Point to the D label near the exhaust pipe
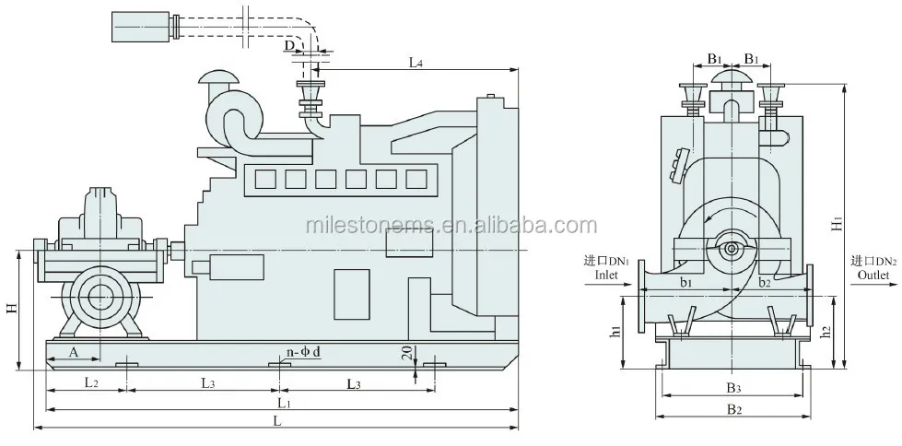click(289, 44)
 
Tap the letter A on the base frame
click(73, 352)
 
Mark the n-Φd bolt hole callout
click(303, 352)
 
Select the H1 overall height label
click(837, 223)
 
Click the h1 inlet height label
click(616, 330)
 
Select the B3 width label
click(732, 387)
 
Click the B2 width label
click(733, 409)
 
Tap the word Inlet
click(604, 275)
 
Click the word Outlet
click(873, 275)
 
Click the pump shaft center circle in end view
click(732, 249)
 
